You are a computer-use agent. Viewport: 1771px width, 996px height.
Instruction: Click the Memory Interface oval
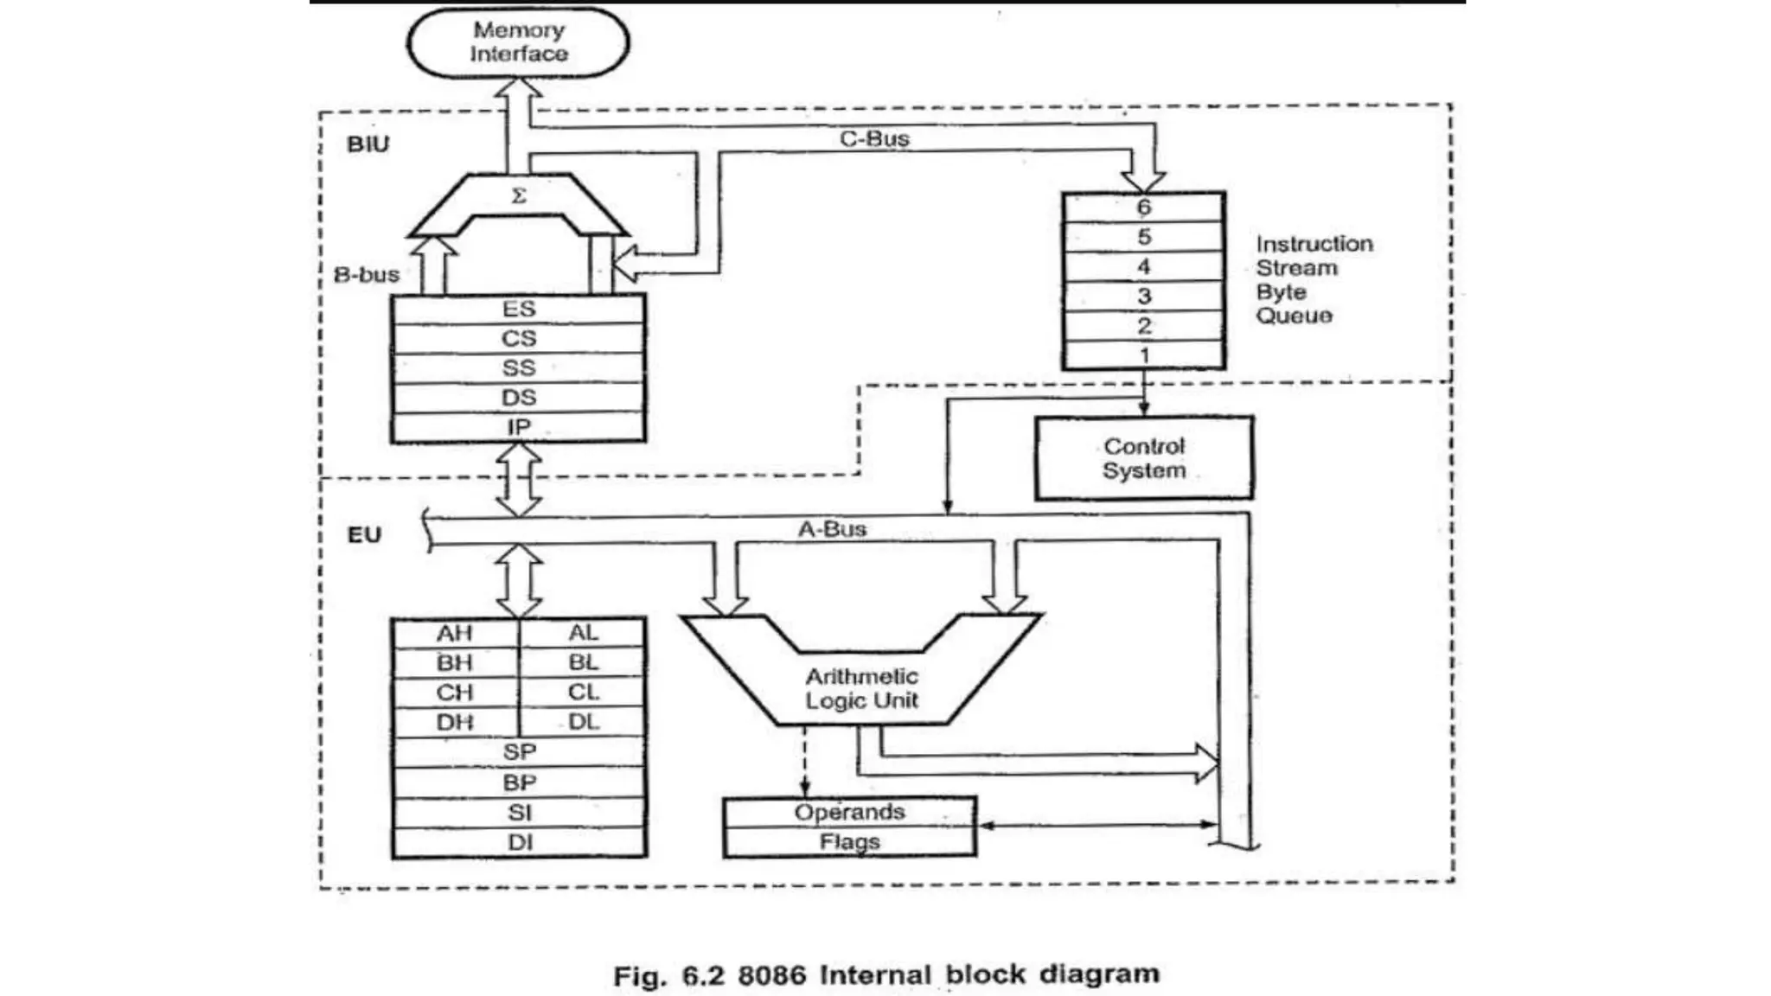click(518, 42)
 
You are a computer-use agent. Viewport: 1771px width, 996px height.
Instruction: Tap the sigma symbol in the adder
click(519, 196)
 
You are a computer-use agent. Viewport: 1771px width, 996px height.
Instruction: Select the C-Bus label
click(874, 138)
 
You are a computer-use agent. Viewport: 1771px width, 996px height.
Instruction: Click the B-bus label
click(367, 275)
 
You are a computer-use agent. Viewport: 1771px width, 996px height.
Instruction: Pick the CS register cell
click(519, 338)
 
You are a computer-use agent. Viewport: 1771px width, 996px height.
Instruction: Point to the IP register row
click(519, 427)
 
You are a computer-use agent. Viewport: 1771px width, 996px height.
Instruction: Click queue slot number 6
click(1143, 207)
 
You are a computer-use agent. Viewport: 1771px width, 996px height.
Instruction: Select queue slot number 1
click(1143, 355)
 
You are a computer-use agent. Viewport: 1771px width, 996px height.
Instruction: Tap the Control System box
click(1143, 458)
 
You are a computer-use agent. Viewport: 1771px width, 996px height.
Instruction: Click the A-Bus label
click(831, 529)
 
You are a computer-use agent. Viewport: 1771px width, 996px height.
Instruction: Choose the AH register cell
click(455, 633)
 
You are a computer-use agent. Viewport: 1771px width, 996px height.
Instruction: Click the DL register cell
click(584, 722)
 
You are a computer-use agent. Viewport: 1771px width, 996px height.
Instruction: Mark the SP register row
click(519, 752)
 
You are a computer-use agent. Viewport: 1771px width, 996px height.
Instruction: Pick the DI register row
click(519, 842)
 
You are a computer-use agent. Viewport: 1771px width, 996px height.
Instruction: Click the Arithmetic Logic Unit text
click(861, 688)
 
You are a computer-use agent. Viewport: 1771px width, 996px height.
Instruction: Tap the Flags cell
click(849, 842)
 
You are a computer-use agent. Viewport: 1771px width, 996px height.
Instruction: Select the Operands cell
click(849, 813)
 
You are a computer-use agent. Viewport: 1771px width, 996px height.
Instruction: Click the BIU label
click(368, 144)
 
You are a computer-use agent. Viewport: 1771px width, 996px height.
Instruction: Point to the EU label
click(364, 535)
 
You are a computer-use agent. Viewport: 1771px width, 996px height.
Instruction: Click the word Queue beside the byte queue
click(1294, 316)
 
